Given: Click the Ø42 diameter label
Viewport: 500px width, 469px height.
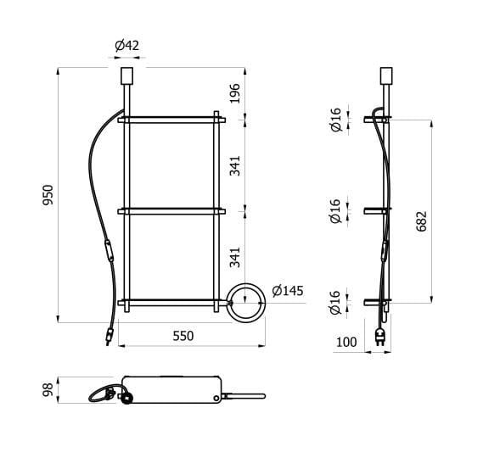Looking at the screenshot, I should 126,45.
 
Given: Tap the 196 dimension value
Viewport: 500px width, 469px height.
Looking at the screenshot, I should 235,92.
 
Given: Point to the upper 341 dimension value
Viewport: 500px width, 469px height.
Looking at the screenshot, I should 235,165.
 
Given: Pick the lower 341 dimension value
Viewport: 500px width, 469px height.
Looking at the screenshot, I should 235,256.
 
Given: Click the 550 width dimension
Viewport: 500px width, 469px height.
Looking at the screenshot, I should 183,336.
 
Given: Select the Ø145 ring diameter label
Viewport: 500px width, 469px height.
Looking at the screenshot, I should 287,291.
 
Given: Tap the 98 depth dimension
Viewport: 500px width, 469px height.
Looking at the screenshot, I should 48,389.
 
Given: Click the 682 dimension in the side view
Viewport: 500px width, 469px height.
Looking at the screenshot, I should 422,221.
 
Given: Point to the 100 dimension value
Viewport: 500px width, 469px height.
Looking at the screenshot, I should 346,343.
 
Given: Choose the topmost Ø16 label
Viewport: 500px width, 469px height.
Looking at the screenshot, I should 335,119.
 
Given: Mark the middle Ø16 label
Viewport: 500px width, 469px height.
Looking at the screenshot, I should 335,210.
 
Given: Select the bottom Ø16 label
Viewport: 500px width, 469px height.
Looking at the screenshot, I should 335,302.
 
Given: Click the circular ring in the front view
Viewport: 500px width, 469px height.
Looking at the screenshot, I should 248,303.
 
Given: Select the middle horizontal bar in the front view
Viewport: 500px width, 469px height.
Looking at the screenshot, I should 172,210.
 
